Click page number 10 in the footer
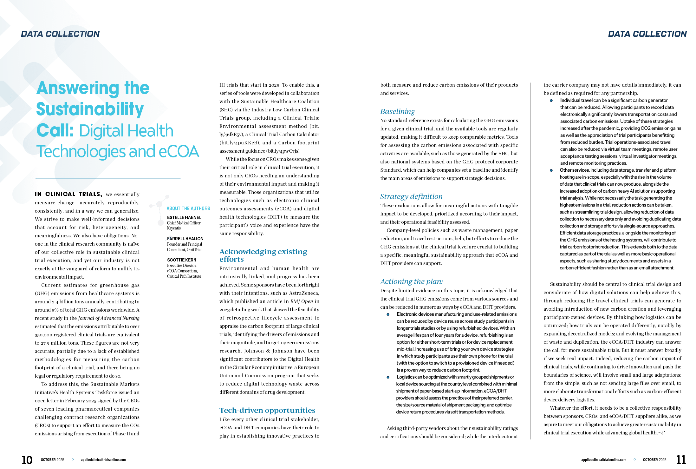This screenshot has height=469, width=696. click(27, 460)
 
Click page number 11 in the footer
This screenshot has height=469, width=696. click(681, 460)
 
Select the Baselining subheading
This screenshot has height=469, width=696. click(397, 112)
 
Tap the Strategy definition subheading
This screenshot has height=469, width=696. click(411, 197)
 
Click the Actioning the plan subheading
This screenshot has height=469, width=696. click(412, 282)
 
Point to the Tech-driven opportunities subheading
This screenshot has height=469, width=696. click(267, 411)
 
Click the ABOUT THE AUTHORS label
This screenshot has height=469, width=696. click(188, 208)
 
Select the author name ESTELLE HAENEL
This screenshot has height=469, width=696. click(184, 217)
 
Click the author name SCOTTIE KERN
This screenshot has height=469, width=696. click(182, 260)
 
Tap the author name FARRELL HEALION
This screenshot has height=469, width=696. click(185, 239)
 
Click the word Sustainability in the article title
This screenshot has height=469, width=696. click(90, 109)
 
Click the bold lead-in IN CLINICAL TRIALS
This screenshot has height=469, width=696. click(68, 194)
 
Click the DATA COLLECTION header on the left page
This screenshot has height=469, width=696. click(60, 34)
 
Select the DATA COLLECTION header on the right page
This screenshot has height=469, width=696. click(647, 34)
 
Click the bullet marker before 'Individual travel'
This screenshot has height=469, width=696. click(551, 101)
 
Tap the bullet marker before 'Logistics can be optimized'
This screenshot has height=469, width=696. click(388, 377)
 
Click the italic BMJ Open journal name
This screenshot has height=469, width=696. click(302, 301)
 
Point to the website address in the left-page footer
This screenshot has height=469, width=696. click(103, 460)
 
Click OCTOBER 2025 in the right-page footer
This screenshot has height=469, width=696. click(654, 460)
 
